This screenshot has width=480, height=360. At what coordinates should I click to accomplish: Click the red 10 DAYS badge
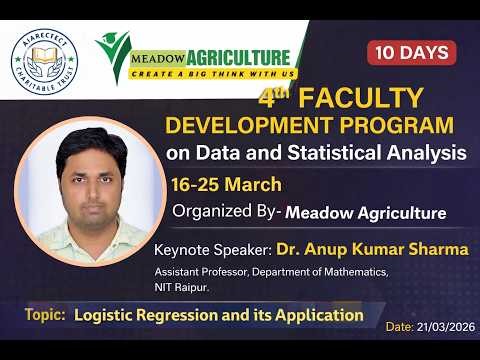pyautogui.click(x=412, y=52)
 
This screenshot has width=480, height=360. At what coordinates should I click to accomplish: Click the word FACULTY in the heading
pyautogui.click(x=360, y=100)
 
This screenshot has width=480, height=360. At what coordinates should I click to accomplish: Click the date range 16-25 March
pyautogui.click(x=226, y=185)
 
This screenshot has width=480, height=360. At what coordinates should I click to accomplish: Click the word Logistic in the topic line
pyautogui.click(x=107, y=315)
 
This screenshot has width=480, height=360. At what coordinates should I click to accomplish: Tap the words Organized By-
pyautogui.click(x=226, y=212)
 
